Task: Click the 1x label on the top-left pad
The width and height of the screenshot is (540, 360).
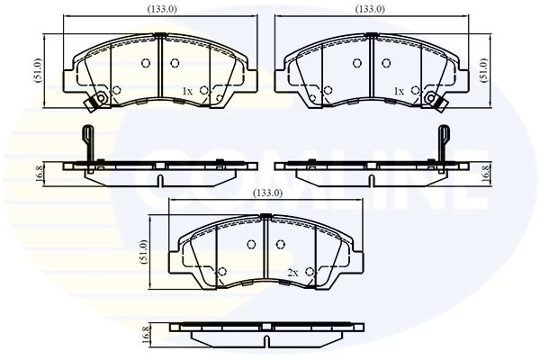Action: (187, 92)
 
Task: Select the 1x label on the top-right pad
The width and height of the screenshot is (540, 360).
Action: (399, 92)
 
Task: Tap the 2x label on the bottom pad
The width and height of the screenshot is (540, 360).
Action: (292, 272)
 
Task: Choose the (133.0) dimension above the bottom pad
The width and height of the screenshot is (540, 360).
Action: (269, 193)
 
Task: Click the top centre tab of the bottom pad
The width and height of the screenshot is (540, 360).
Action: (266, 216)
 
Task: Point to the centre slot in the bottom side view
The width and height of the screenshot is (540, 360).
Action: (268, 339)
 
